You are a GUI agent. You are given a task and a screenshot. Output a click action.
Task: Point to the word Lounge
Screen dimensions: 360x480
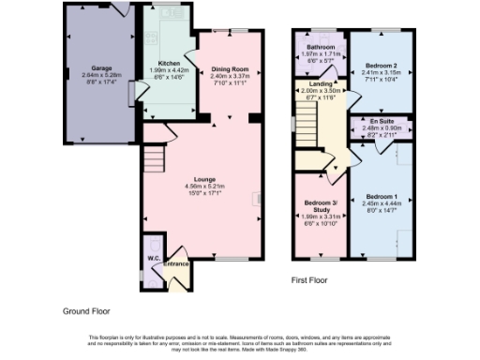click(204, 178)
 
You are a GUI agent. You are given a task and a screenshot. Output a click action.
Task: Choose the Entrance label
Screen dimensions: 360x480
click(176, 263)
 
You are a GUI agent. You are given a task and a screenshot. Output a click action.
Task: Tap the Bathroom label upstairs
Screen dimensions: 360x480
click(321, 46)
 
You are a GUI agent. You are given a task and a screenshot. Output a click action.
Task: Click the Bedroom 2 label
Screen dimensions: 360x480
click(376, 66)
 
